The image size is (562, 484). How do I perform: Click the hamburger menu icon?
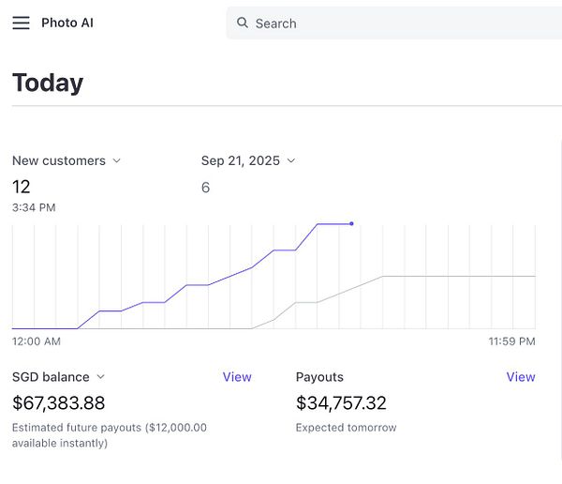21,23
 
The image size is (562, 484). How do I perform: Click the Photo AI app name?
67,23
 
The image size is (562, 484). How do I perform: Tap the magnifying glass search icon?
243,23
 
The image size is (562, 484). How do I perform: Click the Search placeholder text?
275,23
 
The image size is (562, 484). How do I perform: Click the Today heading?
48,83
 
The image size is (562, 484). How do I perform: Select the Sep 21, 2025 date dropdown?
248,160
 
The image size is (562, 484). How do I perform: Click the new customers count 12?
22,187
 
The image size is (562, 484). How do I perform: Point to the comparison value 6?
205,188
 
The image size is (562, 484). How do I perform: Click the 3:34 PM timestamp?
34,207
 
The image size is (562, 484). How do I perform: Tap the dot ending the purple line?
351,223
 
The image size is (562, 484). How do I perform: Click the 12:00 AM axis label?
37,341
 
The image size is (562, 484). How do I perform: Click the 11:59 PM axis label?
511,341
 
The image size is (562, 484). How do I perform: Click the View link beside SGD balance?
237,377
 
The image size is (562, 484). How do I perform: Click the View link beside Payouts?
521,377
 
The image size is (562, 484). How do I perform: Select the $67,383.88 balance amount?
59,403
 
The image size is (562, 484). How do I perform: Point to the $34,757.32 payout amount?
341,403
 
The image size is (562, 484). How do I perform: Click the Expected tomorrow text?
346,428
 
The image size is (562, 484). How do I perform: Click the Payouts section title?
319,377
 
